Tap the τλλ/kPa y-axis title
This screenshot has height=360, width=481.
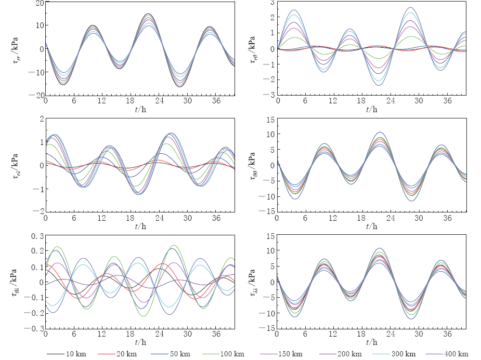(253, 282)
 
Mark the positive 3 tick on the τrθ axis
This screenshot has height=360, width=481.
(271, 3)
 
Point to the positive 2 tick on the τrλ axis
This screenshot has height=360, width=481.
(40, 119)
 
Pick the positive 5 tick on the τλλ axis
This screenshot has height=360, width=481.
(271, 267)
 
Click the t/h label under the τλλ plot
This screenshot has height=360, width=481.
(372, 343)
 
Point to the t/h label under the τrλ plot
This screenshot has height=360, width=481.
(140, 226)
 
